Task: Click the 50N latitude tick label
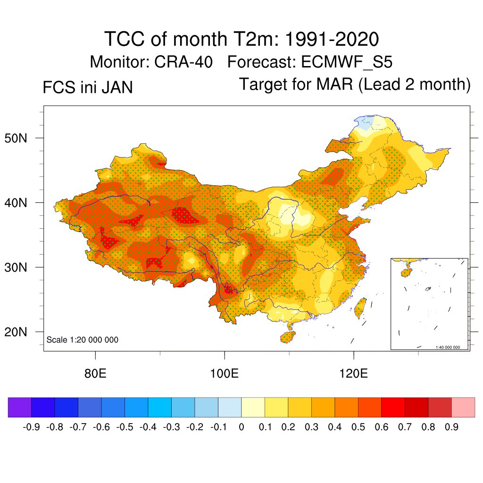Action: click(x=21, y=138)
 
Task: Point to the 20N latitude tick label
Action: click(x=21, y=332)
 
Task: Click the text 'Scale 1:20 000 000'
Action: click(x=82, y=340)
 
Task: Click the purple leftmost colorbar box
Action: click(x=19, y=407)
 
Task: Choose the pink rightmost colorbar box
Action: click(x=463, y=407)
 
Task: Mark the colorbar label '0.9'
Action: click(x=451, y=427)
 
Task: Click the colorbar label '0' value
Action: click(x=241, y=427)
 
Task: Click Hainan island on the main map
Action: click(x=287, y=337)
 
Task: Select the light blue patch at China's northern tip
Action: click(x=364, y=124)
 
